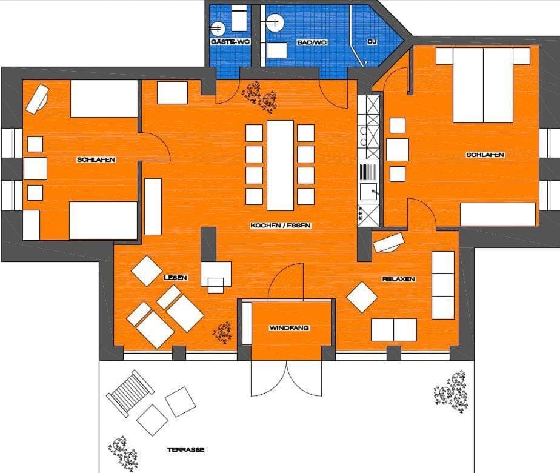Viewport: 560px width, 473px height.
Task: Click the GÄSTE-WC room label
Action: tap(230, 42)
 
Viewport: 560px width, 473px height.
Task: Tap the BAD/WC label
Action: tap(312, 42)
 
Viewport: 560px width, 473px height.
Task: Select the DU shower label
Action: tap(372, 42)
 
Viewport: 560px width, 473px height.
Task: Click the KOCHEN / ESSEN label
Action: tap(281, 226)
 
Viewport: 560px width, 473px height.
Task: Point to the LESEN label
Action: tap(175, 278)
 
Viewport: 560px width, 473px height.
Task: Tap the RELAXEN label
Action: tap(399, 279)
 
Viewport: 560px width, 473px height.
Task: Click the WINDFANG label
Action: tap(289, 328)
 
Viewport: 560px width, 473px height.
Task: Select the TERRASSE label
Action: tap(185, 450)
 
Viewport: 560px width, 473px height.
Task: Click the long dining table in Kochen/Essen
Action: tap(281, 166)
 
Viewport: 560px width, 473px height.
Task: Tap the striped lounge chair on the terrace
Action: tap(130, 393)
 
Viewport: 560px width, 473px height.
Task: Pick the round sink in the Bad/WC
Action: tap(275, 22)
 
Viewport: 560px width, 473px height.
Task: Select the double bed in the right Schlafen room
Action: tap(483, 85)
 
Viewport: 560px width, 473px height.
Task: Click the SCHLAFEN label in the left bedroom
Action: tap(96, 159)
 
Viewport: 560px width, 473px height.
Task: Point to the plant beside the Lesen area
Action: tap(222, 332)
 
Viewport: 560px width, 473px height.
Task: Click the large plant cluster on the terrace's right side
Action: tap(452, 392)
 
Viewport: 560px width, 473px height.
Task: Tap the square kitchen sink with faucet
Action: tap(368, 192)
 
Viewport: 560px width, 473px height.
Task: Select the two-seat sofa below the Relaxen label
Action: tap(394, 330)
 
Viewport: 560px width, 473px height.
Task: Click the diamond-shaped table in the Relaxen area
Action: tap(362, 297)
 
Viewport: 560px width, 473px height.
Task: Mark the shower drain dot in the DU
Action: tap(365, 62)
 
